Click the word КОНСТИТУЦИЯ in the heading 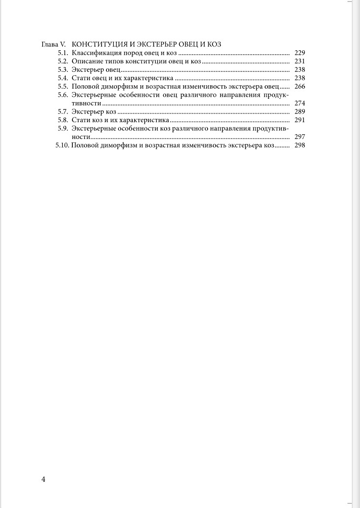pos(99,44)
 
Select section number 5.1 pos(62,53)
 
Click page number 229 pos(300,53)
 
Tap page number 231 pos(300,61)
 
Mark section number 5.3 pos(62,69)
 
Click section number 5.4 pos(62,78)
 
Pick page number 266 pos(300,86)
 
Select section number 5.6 pos(62,95)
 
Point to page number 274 pos(300,103)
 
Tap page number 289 pos(300,112)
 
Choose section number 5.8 pos(62,120)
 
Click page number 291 pos(300,120)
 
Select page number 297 pos(300,137)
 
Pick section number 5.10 pos(62,145)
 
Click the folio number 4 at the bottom pos(44,480)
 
